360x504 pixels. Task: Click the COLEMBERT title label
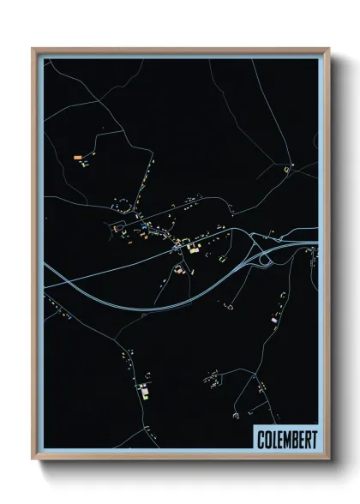pyautogui.click(x=286, y=440)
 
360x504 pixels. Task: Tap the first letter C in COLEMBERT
pyautogui.click(x=261, y=440)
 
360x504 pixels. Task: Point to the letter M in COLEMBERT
pyautogui.click(x=283, y=440)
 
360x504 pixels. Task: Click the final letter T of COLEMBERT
pyautogui.click(x=313, y=440)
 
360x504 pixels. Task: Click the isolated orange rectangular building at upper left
pyautogui.click(x=78, y=157)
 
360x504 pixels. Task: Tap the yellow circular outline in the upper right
pyautogui.click(x=286, y=171)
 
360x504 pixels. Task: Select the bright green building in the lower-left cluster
pyautogui.click(x=144, y=394)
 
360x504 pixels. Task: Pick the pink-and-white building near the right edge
pyautogui.click(x=274, y=319)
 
